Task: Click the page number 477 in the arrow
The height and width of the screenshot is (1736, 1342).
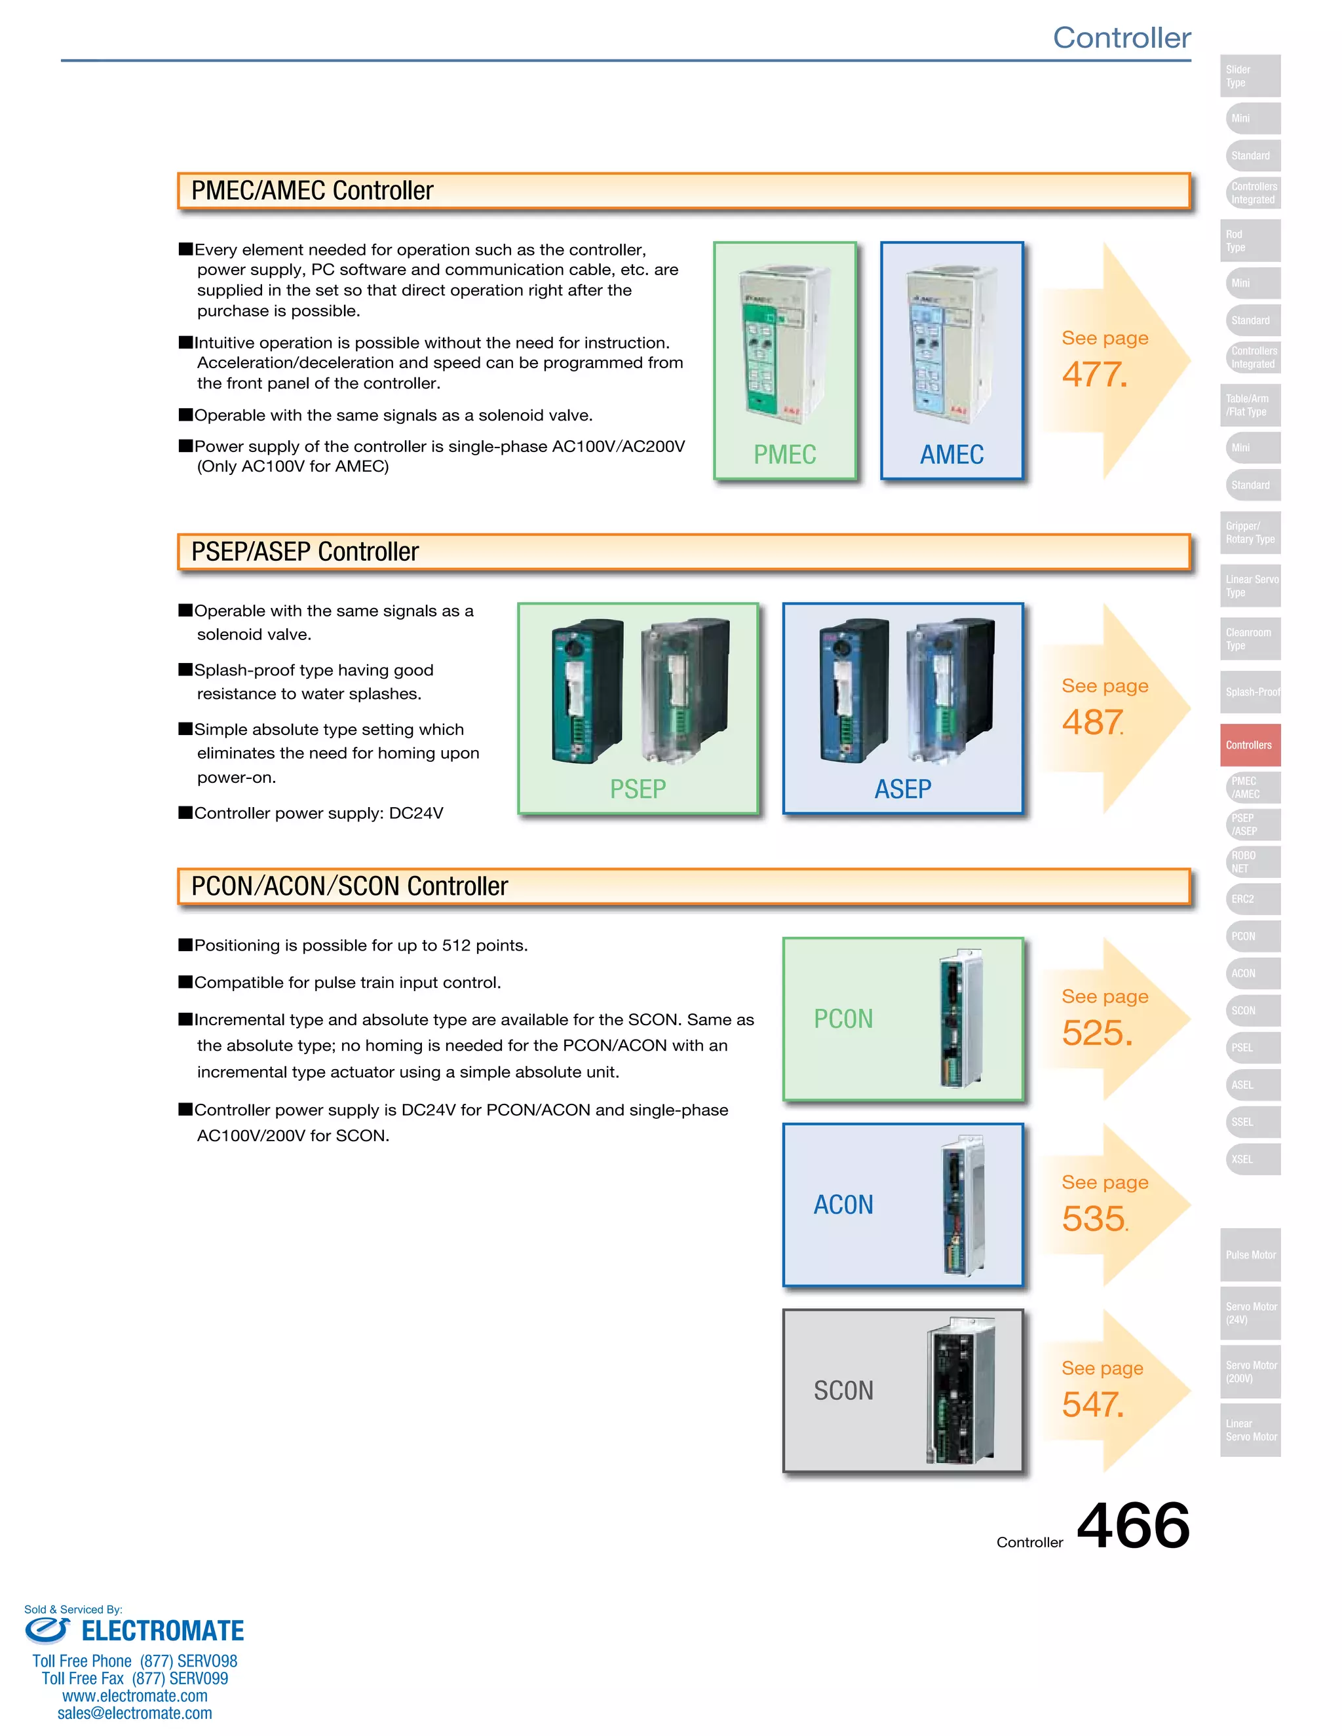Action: coord(1094,374)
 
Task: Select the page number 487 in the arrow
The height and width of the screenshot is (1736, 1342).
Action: coord(1092,722)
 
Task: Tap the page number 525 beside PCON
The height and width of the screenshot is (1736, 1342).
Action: coord(1096,1032)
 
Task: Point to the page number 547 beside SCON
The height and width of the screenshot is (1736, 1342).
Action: coord(1092,1405)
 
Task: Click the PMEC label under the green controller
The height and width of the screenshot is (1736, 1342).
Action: coord(784,455)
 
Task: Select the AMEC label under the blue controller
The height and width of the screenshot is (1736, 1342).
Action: coord(951,455)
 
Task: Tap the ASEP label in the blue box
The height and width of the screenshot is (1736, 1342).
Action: coord(902,789)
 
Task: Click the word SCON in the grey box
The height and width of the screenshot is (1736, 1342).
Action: coord(843,1391)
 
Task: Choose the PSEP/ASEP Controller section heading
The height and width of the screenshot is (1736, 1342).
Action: coord(305,552)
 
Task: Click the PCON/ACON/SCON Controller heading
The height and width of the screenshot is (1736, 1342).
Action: coord(349,886)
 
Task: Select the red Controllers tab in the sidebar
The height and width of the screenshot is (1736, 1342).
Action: coord(1250,745)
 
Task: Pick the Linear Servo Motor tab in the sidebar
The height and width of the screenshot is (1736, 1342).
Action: coord(1250,1430)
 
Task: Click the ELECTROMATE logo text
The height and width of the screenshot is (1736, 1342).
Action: coord(163,1631)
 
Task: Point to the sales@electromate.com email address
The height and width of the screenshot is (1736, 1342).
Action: coord(134,1714)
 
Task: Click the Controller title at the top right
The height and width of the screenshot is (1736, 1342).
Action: coord(1121,37)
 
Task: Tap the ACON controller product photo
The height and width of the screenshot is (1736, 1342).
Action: coord(963,1205)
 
